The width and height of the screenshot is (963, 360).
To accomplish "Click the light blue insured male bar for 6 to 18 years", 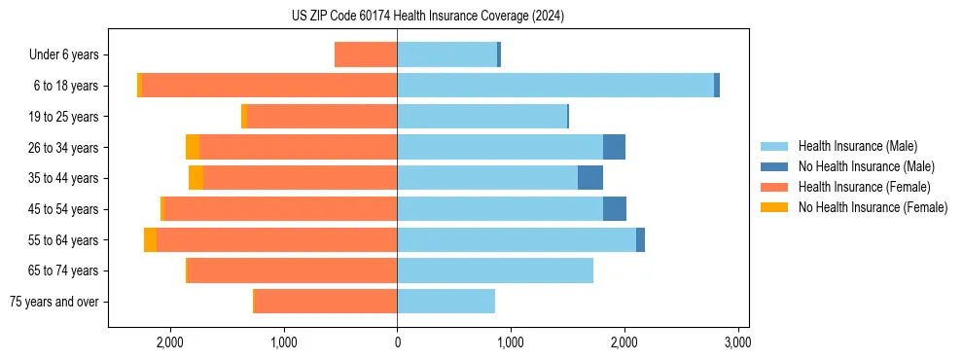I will point(554,86).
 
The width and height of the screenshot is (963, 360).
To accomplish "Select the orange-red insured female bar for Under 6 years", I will point(366,54).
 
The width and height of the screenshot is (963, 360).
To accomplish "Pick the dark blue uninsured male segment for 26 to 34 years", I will point(614,147).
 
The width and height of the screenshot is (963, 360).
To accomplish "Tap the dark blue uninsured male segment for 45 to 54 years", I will point(615,209).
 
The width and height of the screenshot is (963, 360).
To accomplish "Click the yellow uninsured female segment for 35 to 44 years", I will point(196,178).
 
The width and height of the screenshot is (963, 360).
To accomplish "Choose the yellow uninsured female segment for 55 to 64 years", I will point(150,240).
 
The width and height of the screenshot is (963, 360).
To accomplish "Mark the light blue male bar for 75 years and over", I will point(446,302).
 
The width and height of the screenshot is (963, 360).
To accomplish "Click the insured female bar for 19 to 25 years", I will point(322,117).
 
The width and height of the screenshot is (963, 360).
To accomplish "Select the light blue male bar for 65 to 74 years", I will point(495,270).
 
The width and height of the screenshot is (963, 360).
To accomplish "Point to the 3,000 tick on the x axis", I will point(737,342).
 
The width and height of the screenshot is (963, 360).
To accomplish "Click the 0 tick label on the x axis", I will point(397,342).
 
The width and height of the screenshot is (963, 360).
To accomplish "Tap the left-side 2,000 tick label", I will point(170,342).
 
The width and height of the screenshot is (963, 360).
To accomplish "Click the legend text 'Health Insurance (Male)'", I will point(857,146).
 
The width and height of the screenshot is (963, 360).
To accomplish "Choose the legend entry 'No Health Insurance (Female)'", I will point(873,207).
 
